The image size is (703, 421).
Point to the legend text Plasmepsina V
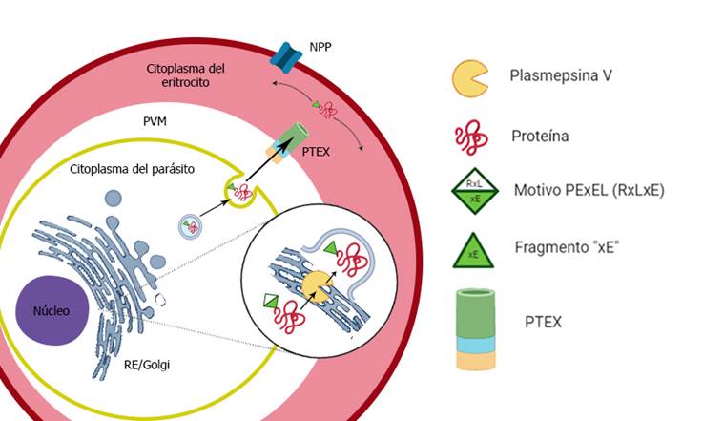tap(561, 74)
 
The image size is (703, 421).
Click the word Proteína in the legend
tap(539, 136)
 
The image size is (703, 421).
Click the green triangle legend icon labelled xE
tap(473, 249)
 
